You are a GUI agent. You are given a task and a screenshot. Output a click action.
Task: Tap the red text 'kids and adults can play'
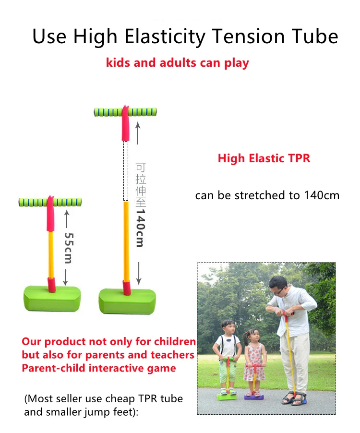coord(177,63)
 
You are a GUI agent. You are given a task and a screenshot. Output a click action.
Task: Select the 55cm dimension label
coord(68,248)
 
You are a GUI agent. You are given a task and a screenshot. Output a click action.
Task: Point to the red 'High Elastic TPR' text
coord(264,158)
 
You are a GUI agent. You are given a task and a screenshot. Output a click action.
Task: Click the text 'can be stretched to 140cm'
coord(267,195)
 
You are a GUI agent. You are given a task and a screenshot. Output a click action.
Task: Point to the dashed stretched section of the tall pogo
coord(125,170)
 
